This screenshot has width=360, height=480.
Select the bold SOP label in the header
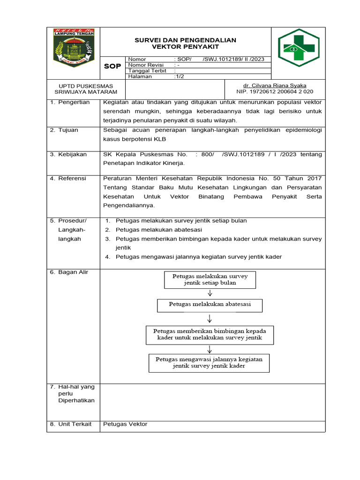112,66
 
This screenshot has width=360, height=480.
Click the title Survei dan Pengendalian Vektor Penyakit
186,44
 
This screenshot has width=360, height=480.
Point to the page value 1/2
179,76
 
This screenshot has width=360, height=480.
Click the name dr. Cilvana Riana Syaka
275,85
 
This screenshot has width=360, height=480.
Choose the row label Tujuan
68,130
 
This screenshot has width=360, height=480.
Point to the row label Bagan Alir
73,272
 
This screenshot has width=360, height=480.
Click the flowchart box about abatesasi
210,305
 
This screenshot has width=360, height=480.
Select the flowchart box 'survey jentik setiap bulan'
210,279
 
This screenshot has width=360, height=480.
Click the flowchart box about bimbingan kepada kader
210,335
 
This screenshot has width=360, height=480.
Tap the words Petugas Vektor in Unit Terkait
125,424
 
